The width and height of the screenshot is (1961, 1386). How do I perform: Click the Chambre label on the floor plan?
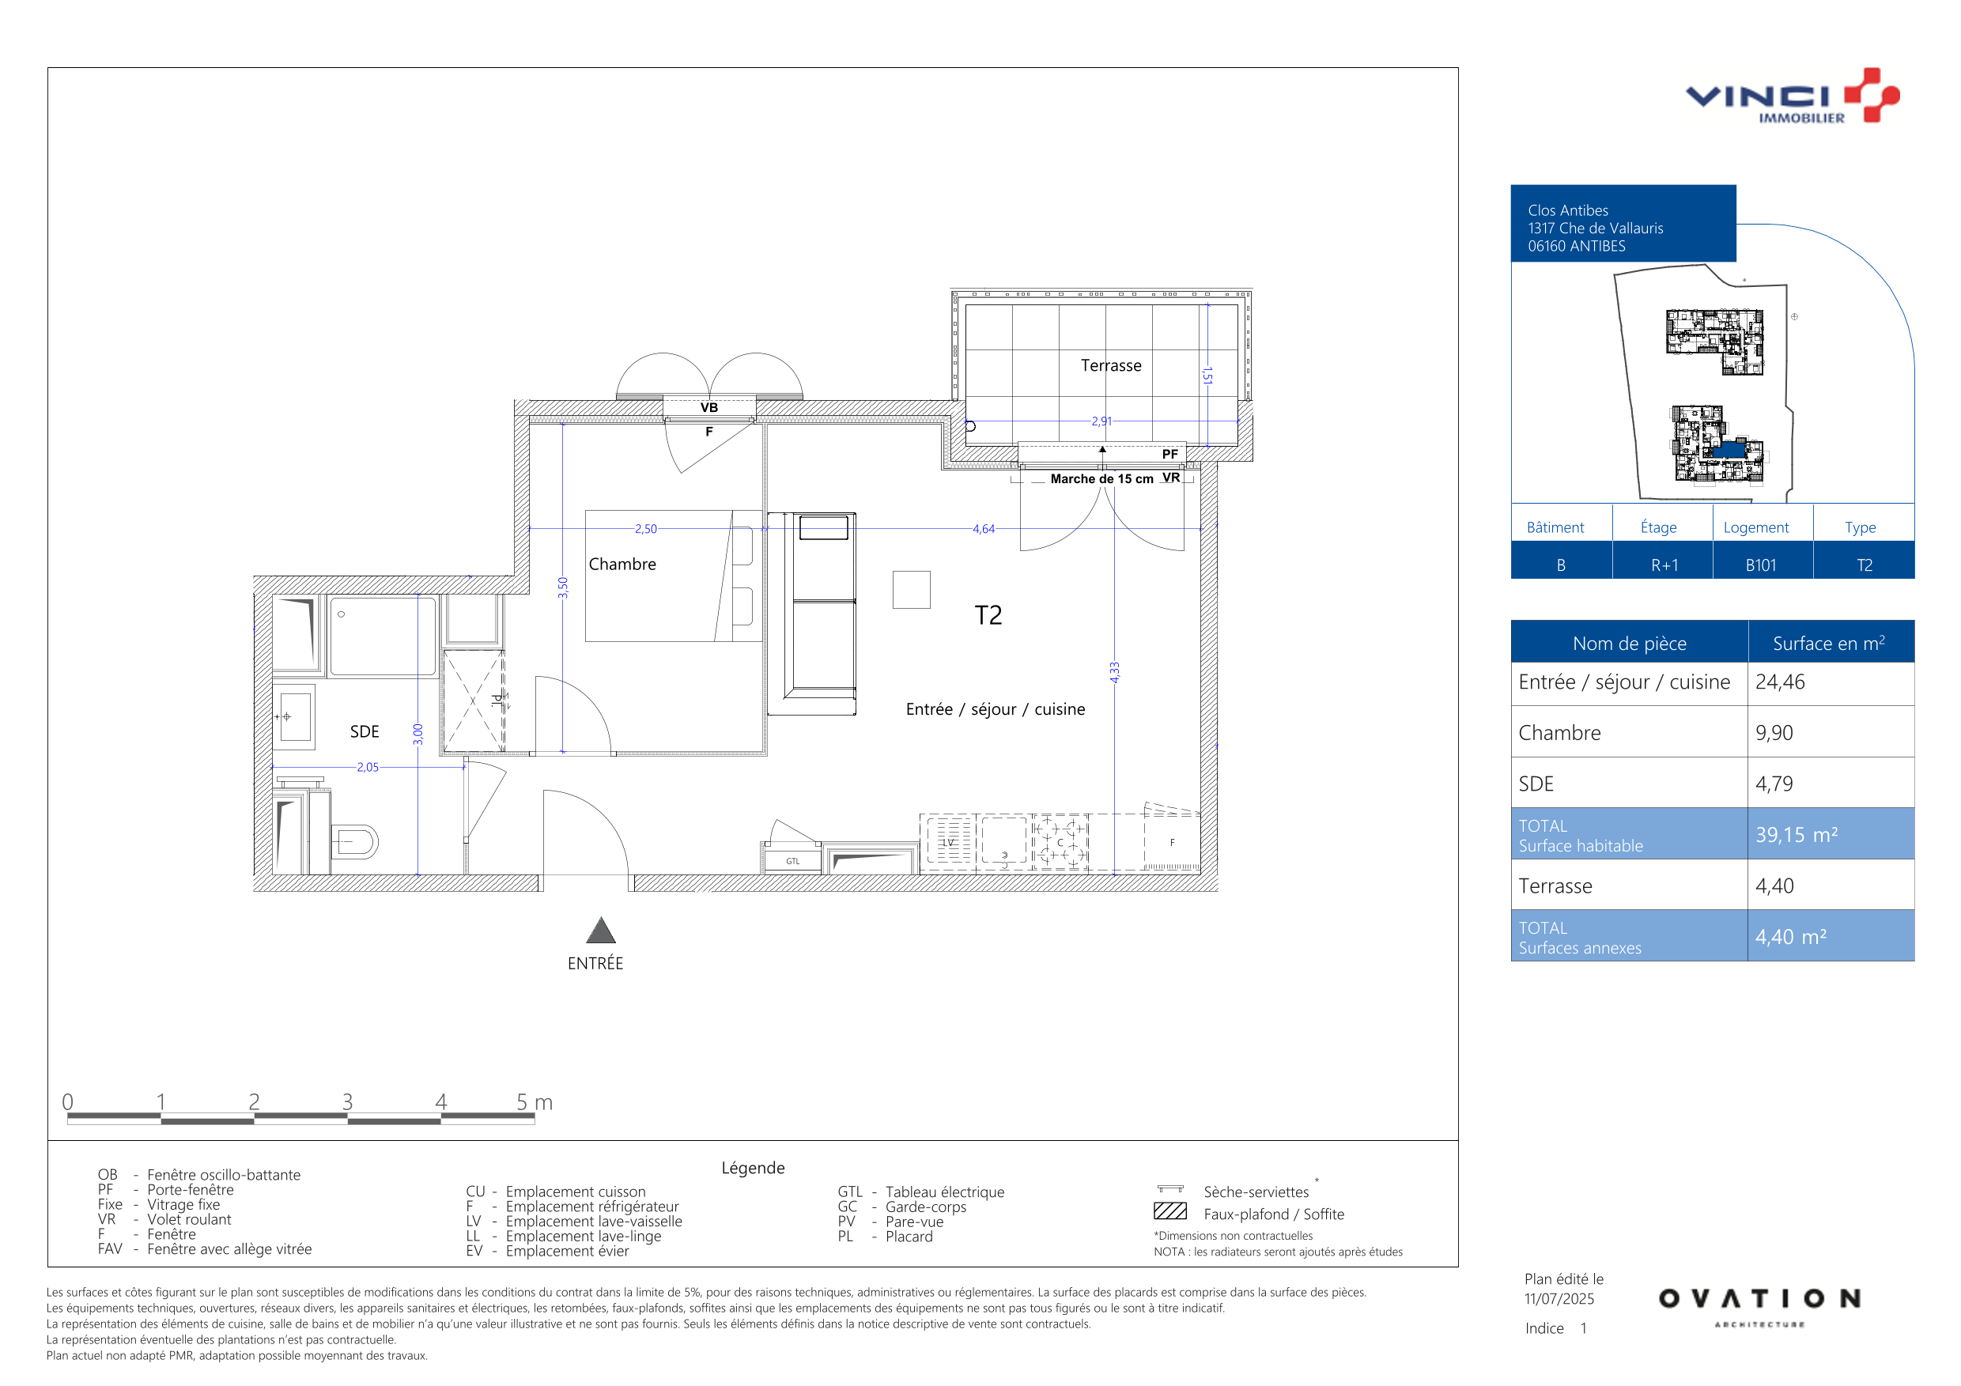(622, 565)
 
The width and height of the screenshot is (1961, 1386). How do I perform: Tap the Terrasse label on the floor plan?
(1110, 365)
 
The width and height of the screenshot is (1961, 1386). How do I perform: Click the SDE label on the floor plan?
(365, 732)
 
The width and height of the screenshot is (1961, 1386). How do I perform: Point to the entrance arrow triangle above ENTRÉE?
(600, 931)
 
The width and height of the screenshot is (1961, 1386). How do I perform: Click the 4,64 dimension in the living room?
(983, 530)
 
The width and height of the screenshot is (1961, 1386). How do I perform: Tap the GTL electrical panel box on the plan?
(792, 861)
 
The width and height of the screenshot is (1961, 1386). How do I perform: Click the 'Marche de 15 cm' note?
(1101, 479)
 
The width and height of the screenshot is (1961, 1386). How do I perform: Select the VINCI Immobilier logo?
(1792, 96)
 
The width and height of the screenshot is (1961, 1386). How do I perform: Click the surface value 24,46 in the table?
(1780, 682)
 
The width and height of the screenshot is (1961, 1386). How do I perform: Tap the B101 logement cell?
(1761, 565)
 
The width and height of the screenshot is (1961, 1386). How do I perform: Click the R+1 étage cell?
(1664, 565)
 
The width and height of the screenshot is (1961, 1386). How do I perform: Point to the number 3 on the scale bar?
(348, 1101)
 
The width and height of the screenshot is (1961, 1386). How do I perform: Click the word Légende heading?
(753, 1169)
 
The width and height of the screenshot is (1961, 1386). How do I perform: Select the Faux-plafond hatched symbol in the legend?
(1170, 1211)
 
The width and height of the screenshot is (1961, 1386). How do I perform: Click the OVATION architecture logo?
(1759, 1308)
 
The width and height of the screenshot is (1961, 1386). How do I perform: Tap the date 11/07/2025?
(1559, 1299)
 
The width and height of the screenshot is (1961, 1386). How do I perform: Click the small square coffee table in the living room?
(912, 590)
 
